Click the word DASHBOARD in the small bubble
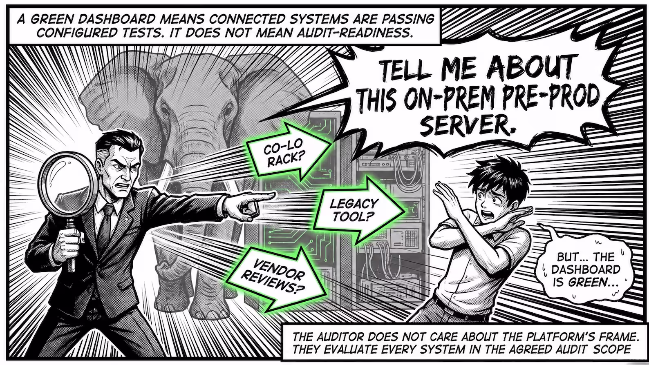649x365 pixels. [586, 269]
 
